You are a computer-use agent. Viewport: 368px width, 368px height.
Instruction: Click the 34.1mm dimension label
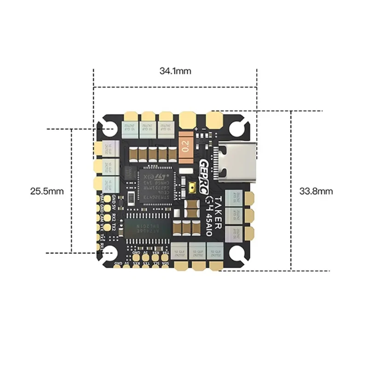(175, 71)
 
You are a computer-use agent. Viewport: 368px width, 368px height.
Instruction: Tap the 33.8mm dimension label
(316, 190)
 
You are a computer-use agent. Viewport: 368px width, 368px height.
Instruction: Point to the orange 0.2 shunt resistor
(186, 146)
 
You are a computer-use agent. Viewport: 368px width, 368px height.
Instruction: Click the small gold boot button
(192, 188)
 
